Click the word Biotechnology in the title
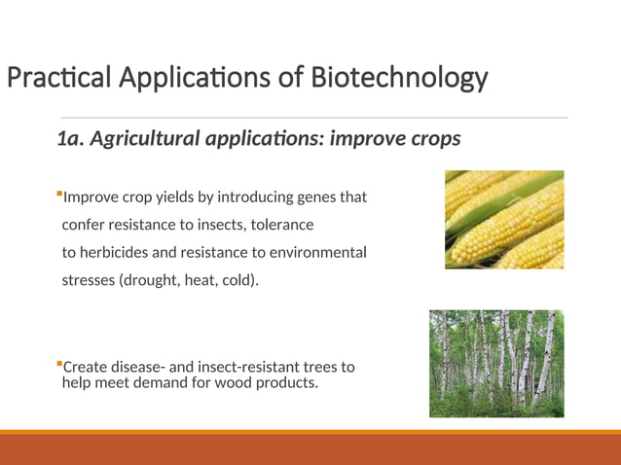399,77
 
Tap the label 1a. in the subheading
70,139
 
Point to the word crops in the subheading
428,139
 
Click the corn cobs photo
504,220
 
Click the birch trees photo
496,364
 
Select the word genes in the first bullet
308,197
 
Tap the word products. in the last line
285,383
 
